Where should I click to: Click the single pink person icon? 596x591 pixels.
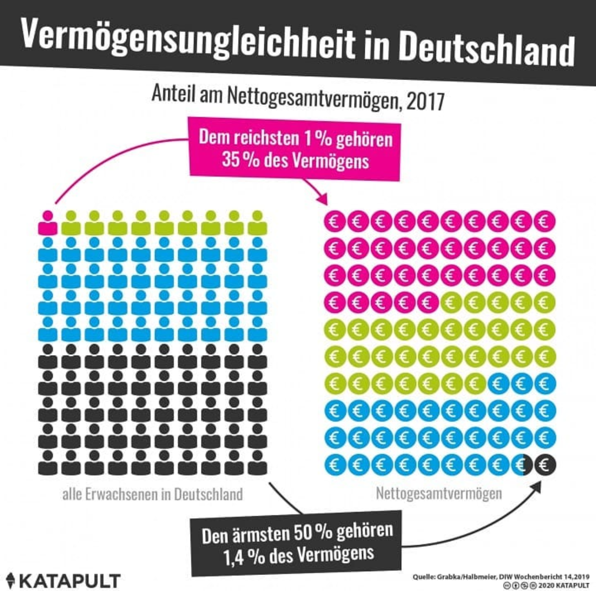pyautogui.click(x=48, y=222)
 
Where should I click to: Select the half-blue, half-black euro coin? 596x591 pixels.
pyautogui.click(x=523, y=465)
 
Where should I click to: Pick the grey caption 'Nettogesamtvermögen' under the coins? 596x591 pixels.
pyautogui.click(x=439, y=493)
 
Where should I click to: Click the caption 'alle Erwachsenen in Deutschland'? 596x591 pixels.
pyautogui.click(x=152, y=493)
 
